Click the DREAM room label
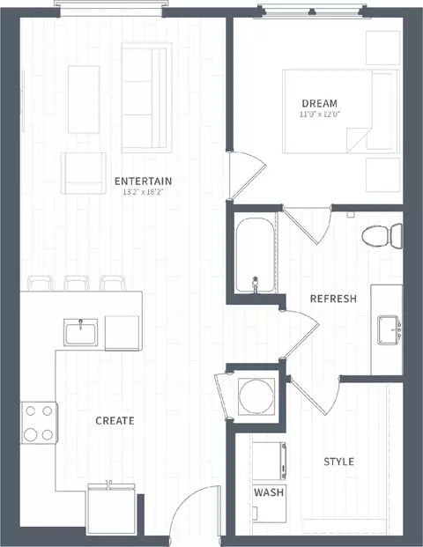pos(319,103)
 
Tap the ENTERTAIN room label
pos(143,181)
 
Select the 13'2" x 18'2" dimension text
pos(143,192)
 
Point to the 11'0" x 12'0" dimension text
pos(320,115)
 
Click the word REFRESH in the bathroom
pos(333,299)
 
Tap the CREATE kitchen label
pos(115,421)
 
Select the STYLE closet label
pos(338,462)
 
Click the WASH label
pos(269,492)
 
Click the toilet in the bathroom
pos(382,236)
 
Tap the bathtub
pos(255,255)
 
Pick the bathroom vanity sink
pos(389,330)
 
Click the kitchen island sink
pos(80,332)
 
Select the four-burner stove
pos(39,423)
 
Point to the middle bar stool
pos(77,283)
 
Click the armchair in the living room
pos(84,173)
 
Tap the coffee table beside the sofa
pos(84,100)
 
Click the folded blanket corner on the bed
pos(358,139)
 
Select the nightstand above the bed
pos(382,48)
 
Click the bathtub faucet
pos(256,285)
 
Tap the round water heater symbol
pos(256,395)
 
